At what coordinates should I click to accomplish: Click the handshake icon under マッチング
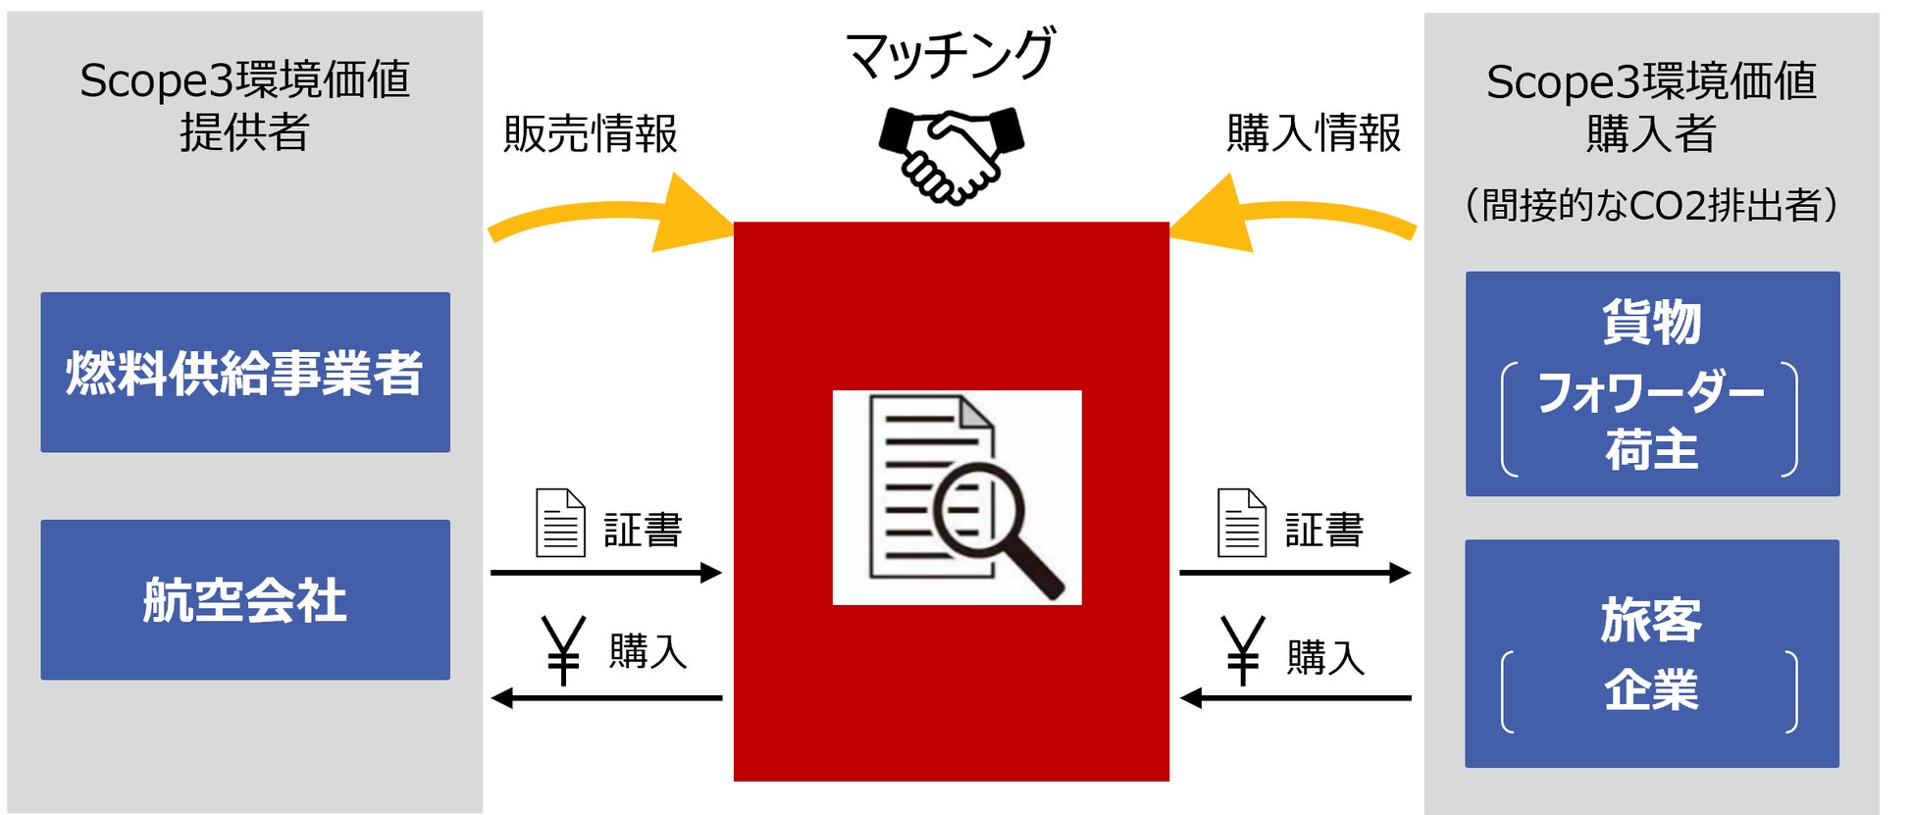[950, 153]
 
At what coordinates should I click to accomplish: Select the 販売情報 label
[591, 134]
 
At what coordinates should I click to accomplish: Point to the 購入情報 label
[1314, 133]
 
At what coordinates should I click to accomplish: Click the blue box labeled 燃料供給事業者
[245, 373]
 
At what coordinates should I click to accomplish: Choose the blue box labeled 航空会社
[245, 599]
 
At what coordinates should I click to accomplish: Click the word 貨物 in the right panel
[1651, 322]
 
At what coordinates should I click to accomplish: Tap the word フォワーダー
[1651, 392]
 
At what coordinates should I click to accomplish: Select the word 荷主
[1651, 450]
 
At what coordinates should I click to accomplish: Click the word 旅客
[1651, 620]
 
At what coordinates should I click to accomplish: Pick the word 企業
[1651, 688]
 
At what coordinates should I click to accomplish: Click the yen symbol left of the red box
[564, 649]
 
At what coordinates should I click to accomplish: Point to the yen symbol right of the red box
[1242, 649]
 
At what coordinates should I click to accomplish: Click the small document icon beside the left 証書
[560, 524]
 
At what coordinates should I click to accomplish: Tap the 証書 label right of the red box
[1324, 531]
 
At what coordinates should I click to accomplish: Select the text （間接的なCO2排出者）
[1651, 206]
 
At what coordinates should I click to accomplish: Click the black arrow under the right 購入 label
[1295, 698]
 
